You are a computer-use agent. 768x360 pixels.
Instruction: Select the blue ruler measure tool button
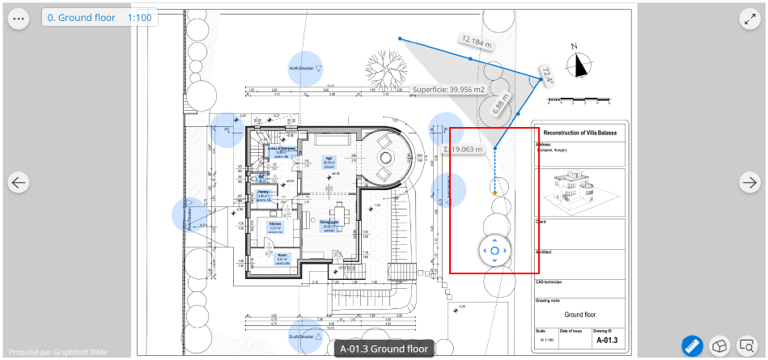click(692, 346)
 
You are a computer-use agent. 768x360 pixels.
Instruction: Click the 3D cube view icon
click(719, 346)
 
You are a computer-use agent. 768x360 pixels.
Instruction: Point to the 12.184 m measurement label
click(476, 41)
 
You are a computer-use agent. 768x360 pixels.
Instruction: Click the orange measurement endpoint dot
click(494, 192)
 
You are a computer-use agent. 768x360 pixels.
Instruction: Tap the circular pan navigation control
click(494, 251)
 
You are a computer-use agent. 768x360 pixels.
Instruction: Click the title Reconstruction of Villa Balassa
click(579, 133)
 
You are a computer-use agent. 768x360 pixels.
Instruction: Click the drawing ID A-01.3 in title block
click(605, 341)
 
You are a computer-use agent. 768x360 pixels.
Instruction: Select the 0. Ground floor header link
click(81, 17)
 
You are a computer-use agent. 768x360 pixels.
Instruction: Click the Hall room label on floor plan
click(329, 159)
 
